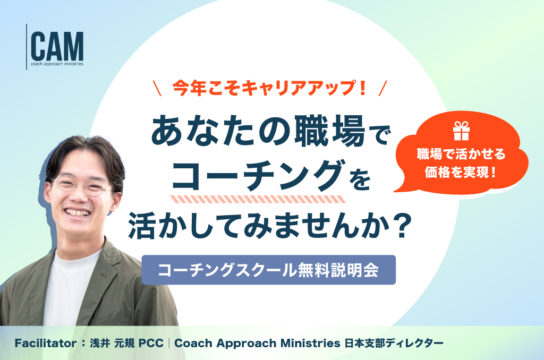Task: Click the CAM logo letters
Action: [x=57, y=47]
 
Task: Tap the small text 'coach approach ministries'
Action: [x=57, y=64]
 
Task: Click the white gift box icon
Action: [x=461, y=131]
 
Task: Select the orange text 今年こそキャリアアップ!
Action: [x=269, y=88]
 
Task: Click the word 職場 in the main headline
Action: [x=330, y=131]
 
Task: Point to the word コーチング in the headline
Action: [x=258, y=176]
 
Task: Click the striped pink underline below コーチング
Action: [x=258, y=200]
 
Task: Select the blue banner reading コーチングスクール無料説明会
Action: [x=268, y=270]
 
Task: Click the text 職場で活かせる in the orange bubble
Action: [x=461, y=154]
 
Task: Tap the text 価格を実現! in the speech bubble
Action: [x=461, y=172]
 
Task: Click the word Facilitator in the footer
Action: [x=46, y=344]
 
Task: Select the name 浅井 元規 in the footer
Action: [x=112, y=344]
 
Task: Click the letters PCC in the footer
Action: [x=151, y=344]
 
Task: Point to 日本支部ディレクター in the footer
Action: [x=394, y=344]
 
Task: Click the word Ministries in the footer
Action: [x=310, y=344]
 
